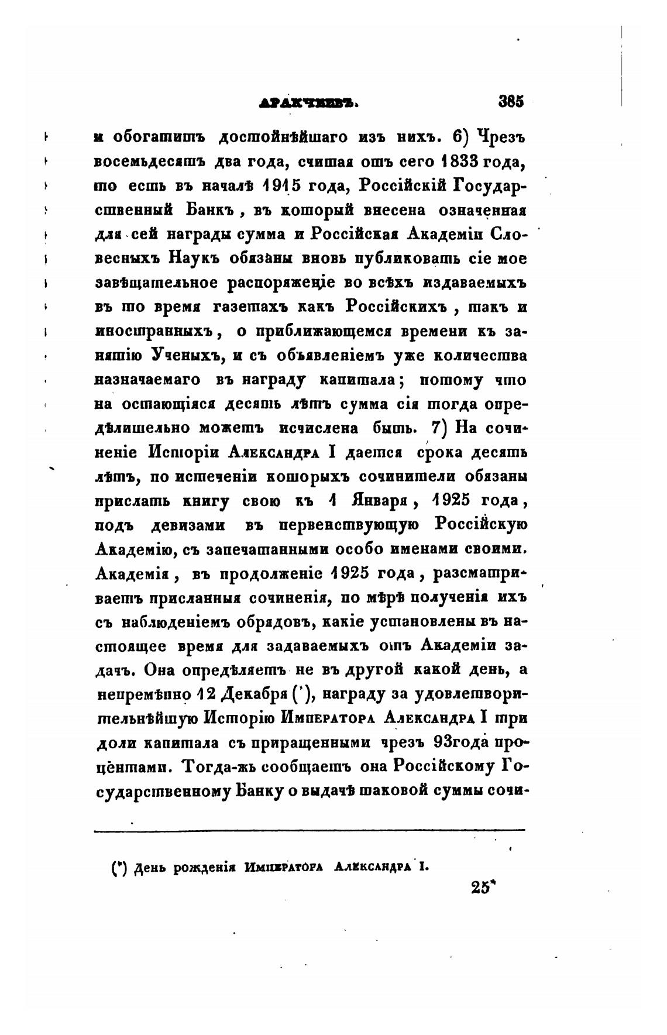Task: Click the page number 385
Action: tap(511, 101)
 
